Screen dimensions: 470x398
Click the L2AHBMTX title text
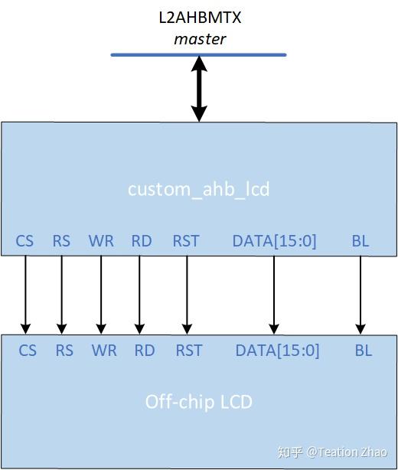pos(199,17)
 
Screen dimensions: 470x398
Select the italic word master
pos(200,38)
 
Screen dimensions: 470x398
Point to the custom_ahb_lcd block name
pos(199,188)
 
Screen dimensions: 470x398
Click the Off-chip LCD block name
pos(199,401)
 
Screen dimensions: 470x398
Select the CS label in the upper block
pos(24,241)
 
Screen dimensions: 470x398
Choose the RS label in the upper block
pos(61,241)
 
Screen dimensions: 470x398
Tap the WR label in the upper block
pos(101,241)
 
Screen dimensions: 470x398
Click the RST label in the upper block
pos(186,241)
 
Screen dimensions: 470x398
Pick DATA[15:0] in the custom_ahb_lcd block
pos(274,241)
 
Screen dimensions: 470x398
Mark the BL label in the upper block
pos(360,241)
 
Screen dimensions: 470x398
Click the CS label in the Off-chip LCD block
pos(28,351)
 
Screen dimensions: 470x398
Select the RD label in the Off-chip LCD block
pos(145,351)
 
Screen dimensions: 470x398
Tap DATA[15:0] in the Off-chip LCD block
pos(277,351)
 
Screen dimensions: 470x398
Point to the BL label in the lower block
pos(363,351)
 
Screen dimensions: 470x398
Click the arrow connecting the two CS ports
pos(25,295)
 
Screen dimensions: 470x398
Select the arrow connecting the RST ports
pos(187,295)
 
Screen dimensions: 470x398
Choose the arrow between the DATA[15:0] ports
pos(273,295)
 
